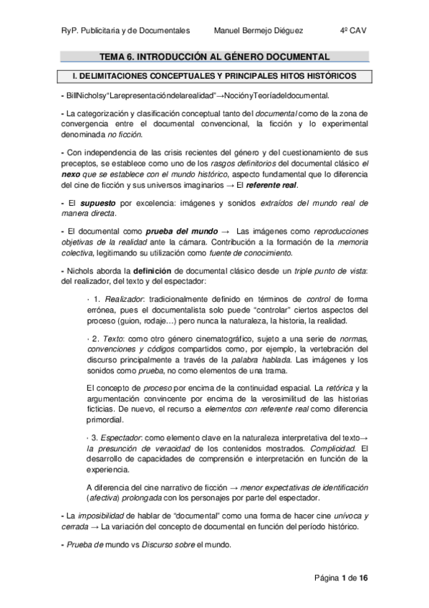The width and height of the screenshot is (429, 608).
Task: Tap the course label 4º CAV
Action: pyautogui.click(x=354, y=30)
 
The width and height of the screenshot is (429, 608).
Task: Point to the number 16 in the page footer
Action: pyautogui.click(x=363, y=578)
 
